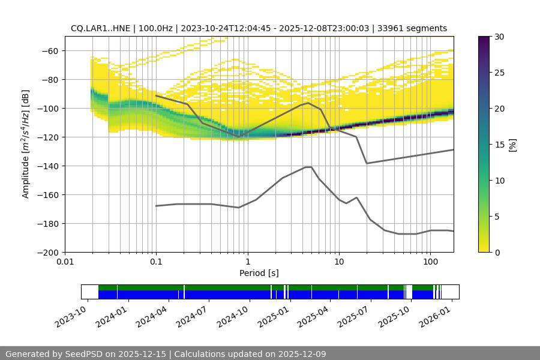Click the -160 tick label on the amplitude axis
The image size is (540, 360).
[x=47, y=194]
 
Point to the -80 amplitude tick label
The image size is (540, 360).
[x=50, y=79]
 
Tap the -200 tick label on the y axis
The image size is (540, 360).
[x=47, y=252]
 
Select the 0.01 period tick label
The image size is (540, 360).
[x=65, y=262]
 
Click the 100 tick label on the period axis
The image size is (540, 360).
[x=430, y=262]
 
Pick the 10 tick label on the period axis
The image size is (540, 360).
[x=339, y=262]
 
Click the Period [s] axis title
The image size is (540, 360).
[x=259, y=273]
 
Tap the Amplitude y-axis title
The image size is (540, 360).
[x=25, y=144]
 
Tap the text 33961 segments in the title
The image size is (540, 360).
[x=412, y=28]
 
